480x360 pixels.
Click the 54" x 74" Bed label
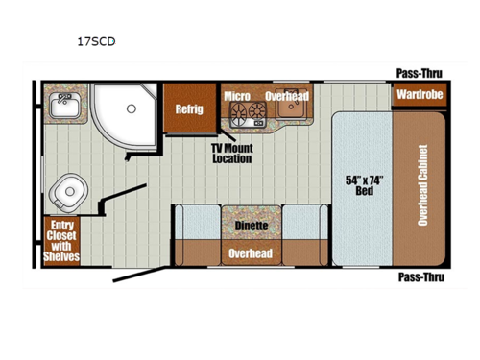point(361,185)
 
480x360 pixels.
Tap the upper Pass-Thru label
point(420,73)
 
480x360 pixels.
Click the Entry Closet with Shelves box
point(63,240)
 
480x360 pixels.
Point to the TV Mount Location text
point(231,153)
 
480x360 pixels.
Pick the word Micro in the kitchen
point(238,97)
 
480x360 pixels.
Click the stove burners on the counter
point(245,117)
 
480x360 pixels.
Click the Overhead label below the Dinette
point(251,252)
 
